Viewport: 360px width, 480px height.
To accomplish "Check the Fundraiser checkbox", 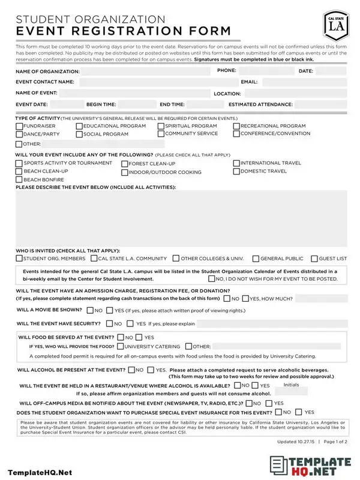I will click(x=19, y=127).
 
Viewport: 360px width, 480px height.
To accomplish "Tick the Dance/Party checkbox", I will click(x=19, y=134).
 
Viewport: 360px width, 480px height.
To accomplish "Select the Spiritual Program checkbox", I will click(x=161, y=127).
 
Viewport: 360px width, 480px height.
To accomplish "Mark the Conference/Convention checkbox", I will click(x=236, y=134).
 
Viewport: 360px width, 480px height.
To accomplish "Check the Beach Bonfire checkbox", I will click(x=19, y=179).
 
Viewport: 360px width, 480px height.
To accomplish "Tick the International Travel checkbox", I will click(x=236, y=163).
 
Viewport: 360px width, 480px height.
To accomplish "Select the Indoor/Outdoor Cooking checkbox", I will click(x=124, y=173).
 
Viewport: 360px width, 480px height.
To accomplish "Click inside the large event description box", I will click(x=180, y=218).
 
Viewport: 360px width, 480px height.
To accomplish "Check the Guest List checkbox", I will click(x=314, y=259).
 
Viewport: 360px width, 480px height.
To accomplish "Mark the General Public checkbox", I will click(x=256, y=259).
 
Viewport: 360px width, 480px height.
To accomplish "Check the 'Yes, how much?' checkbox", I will click(x=245, y=298).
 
